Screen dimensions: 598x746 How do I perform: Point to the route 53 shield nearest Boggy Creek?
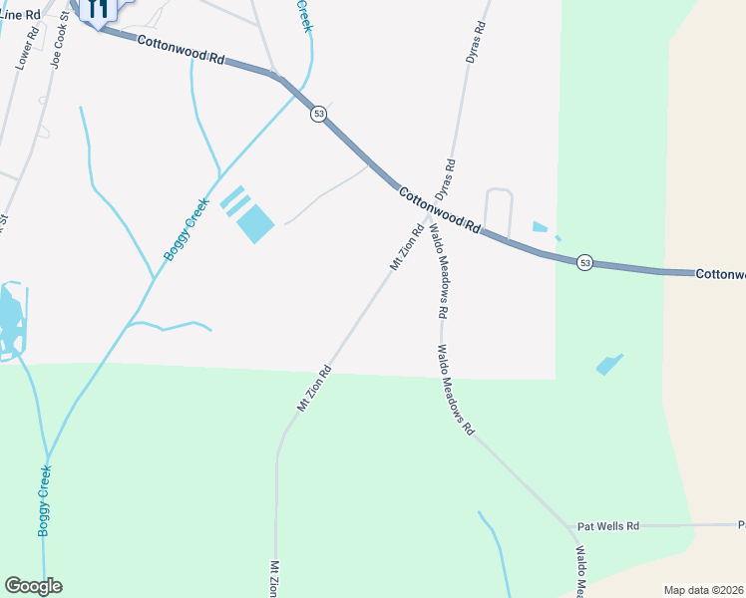tap(318, 114)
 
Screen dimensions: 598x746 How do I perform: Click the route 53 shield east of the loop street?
tap(584, 262)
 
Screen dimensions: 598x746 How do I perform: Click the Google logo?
tap(33, 586)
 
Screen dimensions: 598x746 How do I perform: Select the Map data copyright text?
tap(704, 590)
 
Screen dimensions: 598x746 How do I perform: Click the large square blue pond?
tap(255, 223)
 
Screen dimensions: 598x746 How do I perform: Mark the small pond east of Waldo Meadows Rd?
tap(609, 364)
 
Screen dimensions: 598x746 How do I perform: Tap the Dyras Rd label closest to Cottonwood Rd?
tap(445, 178)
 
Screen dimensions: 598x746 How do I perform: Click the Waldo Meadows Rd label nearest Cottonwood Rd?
tap(438, 270)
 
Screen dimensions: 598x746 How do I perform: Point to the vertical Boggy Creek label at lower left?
tap(45, 500)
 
